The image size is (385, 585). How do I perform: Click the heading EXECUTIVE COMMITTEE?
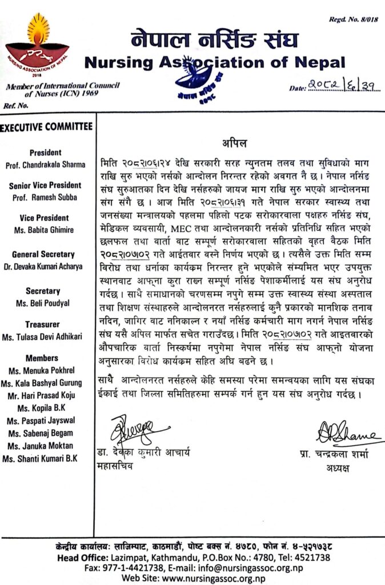tap(46, 126)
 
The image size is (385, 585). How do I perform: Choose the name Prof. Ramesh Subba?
tap(52, 198)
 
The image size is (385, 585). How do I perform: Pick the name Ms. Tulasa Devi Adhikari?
tap(48, 338)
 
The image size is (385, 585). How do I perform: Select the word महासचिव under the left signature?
tap(115, 466)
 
